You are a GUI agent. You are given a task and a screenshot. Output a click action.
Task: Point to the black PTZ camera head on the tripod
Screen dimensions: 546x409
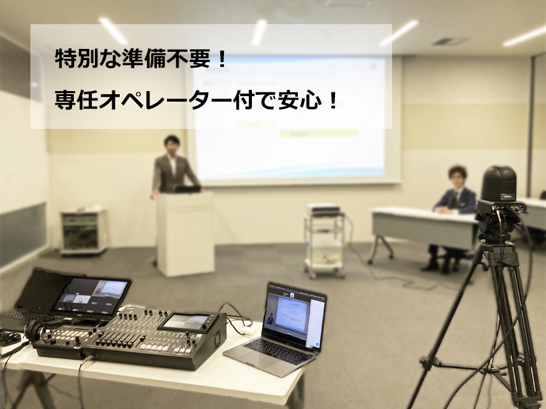click(498, 183)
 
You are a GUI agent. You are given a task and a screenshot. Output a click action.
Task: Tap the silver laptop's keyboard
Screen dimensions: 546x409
click(274, 351)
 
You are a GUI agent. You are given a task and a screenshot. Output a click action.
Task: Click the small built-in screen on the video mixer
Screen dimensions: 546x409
click(186, 322)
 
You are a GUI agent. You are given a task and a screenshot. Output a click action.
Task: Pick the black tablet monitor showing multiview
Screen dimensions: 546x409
click(90, 298)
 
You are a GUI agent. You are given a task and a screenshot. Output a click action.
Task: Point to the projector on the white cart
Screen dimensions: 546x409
click(323, 209)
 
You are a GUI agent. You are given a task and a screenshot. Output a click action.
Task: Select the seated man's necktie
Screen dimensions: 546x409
click(454, 200)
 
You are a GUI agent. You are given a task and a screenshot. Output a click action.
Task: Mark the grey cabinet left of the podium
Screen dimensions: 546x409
click(84, 231)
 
